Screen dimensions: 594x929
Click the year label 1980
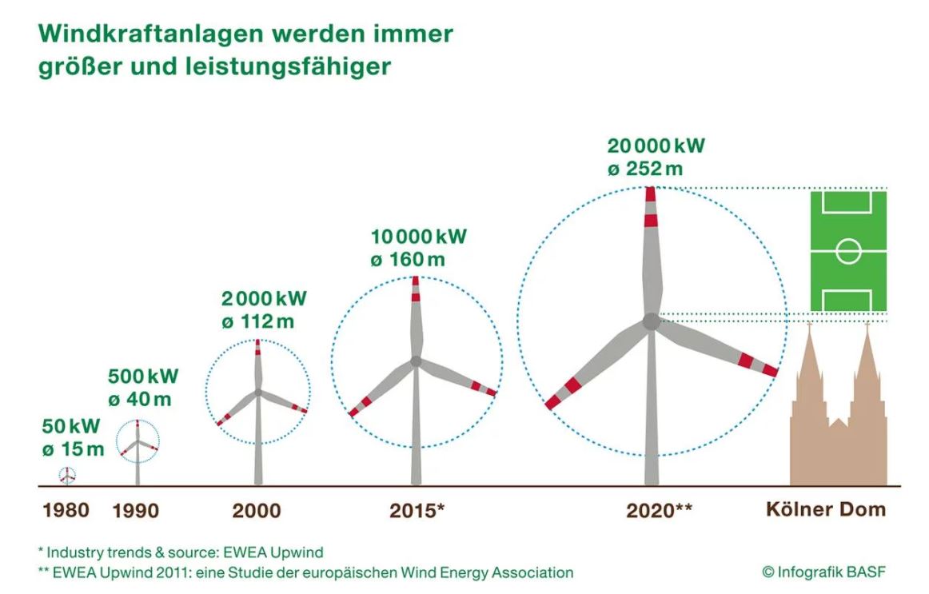[66, 509]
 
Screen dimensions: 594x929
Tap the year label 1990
[135, 510]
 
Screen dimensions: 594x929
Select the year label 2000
[257, 510]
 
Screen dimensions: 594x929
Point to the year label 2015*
[417, 510]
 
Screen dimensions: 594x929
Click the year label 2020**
[659, 510]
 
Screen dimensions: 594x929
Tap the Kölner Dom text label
[826, 509]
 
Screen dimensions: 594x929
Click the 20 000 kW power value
[656, 146]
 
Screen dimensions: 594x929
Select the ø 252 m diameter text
[644, 169]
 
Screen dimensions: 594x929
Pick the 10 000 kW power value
[418, 237]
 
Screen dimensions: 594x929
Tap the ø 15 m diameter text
[73, 449]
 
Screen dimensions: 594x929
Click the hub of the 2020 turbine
[652, 321]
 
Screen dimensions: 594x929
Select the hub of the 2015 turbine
[416, 361]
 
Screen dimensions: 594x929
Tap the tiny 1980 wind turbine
[69, 476]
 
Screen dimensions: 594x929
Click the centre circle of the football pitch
[848, 251]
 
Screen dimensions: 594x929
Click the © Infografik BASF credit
[823, 572]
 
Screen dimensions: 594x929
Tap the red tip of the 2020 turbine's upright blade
[651, 193]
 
